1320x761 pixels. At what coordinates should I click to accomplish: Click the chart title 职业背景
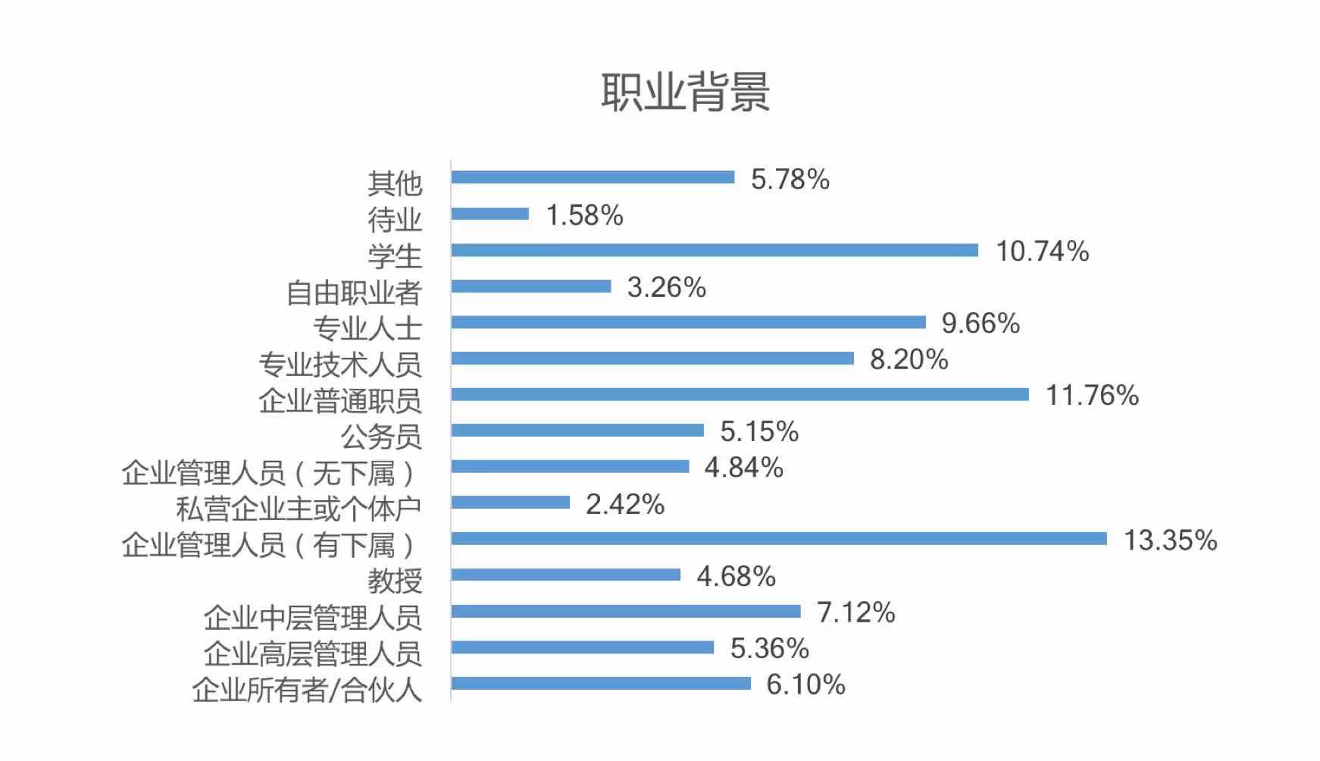pos(685,92)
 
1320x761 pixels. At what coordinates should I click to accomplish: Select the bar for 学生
pos(714,250)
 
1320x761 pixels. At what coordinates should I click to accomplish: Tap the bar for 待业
pos(490,214)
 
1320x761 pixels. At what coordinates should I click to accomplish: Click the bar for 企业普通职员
pos(740,394)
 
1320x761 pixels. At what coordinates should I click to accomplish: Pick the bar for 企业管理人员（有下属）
pos(778,538)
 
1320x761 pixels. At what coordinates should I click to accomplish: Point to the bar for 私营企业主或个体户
pos(510,503)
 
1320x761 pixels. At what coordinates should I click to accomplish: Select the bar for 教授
pos(565,575)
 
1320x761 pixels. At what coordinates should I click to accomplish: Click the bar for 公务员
pos(577,431)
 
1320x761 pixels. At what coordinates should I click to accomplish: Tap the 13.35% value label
pos(1170,540)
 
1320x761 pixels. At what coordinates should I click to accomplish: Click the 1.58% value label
pos(584,215)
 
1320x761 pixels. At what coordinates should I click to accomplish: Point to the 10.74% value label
pos(1042,251)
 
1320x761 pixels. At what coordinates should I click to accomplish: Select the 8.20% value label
pos(909,359)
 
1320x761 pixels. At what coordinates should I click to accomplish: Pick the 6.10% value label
pos(805,684)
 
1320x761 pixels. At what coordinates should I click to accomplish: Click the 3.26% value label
pos(666,287)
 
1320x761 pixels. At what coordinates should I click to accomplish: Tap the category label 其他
pos(394,183)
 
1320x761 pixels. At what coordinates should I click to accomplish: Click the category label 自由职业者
pos(353,293)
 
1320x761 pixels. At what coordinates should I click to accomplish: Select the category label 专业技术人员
pos(339,365)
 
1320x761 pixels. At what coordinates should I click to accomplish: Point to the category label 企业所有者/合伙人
pos(306,690)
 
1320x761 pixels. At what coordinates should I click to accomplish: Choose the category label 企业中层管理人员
pos(312,618)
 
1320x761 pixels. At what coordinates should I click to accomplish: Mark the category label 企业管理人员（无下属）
pos(270,473)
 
